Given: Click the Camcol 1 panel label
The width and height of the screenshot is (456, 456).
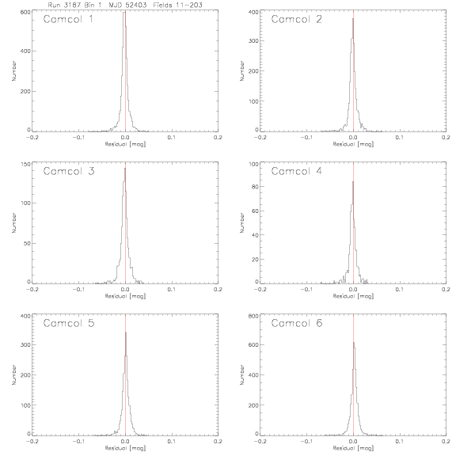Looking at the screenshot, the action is tap(68, 19).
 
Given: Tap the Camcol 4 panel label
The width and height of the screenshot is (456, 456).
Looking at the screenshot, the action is tap(297, 171).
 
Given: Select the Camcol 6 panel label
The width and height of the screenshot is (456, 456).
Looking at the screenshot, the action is tap(297, 323).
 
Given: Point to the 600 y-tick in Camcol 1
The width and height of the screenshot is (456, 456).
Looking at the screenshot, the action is tap(25, 12).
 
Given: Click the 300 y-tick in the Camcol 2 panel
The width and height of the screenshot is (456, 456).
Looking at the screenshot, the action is tap(253, 40).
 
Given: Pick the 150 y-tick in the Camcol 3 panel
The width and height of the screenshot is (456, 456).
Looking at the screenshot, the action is tap(25, 164).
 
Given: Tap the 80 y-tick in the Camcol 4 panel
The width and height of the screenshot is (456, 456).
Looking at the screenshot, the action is tap(255, 186).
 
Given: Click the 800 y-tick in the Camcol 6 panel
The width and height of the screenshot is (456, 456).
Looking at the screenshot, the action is tap(253, 316).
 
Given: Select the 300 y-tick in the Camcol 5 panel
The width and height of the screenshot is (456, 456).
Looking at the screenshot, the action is tap(25, 344).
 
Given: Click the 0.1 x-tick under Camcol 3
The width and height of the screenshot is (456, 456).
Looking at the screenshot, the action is tap(172, 290).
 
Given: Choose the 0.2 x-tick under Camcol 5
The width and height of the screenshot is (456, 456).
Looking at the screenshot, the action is tap(218, 442).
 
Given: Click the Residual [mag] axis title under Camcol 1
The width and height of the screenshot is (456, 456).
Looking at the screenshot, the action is tap(125, 144).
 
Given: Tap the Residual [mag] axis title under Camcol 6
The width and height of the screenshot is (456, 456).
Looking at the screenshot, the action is tap(353, 448).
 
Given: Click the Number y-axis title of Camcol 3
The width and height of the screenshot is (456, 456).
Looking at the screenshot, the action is tap(13, 222).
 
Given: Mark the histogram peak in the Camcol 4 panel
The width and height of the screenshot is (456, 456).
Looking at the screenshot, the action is tap(353, 182).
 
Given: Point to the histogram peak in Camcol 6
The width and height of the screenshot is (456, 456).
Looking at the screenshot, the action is tap(354, 342).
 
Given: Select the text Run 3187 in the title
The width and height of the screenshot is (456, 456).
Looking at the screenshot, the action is tap(64, 5).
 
